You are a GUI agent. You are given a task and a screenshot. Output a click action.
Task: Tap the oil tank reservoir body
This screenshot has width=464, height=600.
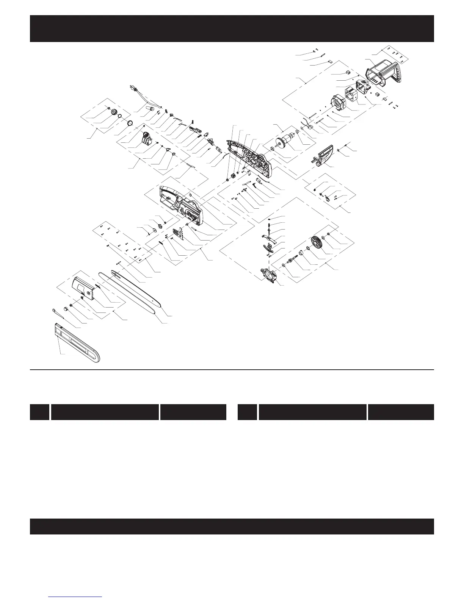(x=146, y=140)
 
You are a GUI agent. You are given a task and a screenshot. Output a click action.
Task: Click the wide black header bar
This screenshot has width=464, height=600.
(x=232, y=28)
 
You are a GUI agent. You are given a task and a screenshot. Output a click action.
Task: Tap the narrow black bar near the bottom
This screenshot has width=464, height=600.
(x=232, y=527)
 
